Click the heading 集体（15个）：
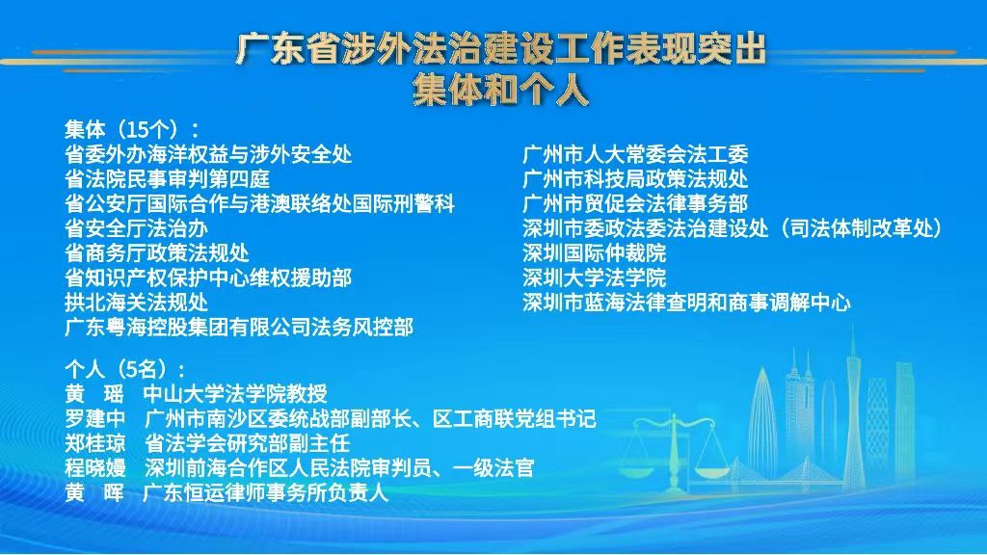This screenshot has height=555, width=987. [x=133, y=129]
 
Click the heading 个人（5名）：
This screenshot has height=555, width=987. [x=126, y=369]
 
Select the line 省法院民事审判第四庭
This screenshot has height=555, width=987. [x=168, y=178]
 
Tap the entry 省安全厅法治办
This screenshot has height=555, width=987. [x=137, y=227]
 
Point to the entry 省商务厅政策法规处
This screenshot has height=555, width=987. [x=157, y=253]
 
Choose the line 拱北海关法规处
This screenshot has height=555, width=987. [x=137, y=302]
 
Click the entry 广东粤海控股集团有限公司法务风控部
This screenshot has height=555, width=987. [x=239, y=328]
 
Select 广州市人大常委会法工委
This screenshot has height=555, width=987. [x=635, y=154]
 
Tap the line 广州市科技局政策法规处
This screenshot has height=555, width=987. [x=635, y=178]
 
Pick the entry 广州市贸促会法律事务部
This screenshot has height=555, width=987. [x=635, y=203]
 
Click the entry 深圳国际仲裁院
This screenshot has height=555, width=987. [x=594, y=253]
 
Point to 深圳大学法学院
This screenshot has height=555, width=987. [x=594, y=277]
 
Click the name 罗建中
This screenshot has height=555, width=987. [x=95, y=418]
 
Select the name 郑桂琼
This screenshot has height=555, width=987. [x=95, y=443]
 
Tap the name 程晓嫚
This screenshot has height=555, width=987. [x=95, y=467]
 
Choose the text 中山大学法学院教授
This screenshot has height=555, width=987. [x=235, y=394]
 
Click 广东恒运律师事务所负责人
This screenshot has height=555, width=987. [x=266, y=492]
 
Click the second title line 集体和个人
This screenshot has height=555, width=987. [x=500, y=90]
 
